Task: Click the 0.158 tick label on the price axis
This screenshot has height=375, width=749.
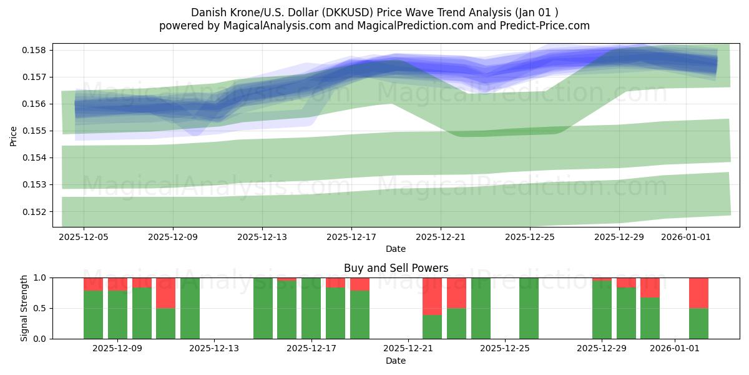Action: (x=36, y=50)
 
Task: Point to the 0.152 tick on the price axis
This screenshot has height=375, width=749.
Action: (x=36, y=211)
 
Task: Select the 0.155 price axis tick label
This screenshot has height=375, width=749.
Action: (x=36, y=131)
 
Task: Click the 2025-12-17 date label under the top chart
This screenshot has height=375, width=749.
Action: (x=351, y=237)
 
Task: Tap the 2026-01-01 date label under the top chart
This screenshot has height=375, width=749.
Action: (x=686, y=237)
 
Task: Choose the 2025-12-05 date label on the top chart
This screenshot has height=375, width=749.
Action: (x=84, y=237)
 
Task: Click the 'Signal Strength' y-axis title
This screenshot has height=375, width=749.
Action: (x=24, y=308)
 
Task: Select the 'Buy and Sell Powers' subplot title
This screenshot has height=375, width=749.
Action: (x=396, y=268)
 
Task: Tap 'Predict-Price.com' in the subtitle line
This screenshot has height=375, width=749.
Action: (x=547, y=26)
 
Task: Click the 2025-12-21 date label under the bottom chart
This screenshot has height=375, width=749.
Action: (x=408, y=349)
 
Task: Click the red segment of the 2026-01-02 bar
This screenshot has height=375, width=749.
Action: (x=698, y=292)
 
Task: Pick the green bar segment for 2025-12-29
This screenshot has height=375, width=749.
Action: (x=602, y=310)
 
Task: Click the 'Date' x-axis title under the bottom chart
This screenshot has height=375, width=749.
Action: (x=396, y=361)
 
